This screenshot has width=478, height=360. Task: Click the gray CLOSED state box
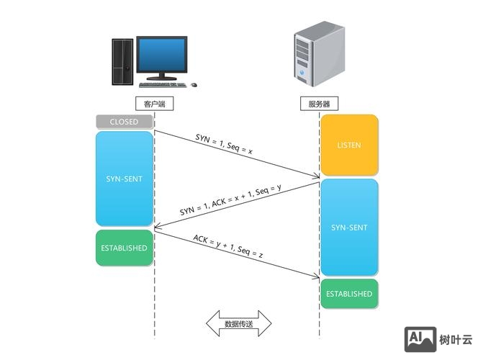click(x=125, y=122)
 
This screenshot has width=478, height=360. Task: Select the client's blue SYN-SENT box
click(x=125, y=179)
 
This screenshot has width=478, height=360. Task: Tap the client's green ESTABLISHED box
click(x=125, y=248)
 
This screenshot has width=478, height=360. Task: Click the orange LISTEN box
click(x=349, y=145)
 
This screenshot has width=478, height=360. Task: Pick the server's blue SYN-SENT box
click(x=349, y=228)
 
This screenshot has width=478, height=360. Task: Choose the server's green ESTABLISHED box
click(x=349, y=294)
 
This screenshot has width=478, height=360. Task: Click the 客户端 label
click(x=155, y=104)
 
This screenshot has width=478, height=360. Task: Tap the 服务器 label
click(x=319, y=104)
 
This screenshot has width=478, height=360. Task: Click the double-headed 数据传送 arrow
click(x=238, y=324)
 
